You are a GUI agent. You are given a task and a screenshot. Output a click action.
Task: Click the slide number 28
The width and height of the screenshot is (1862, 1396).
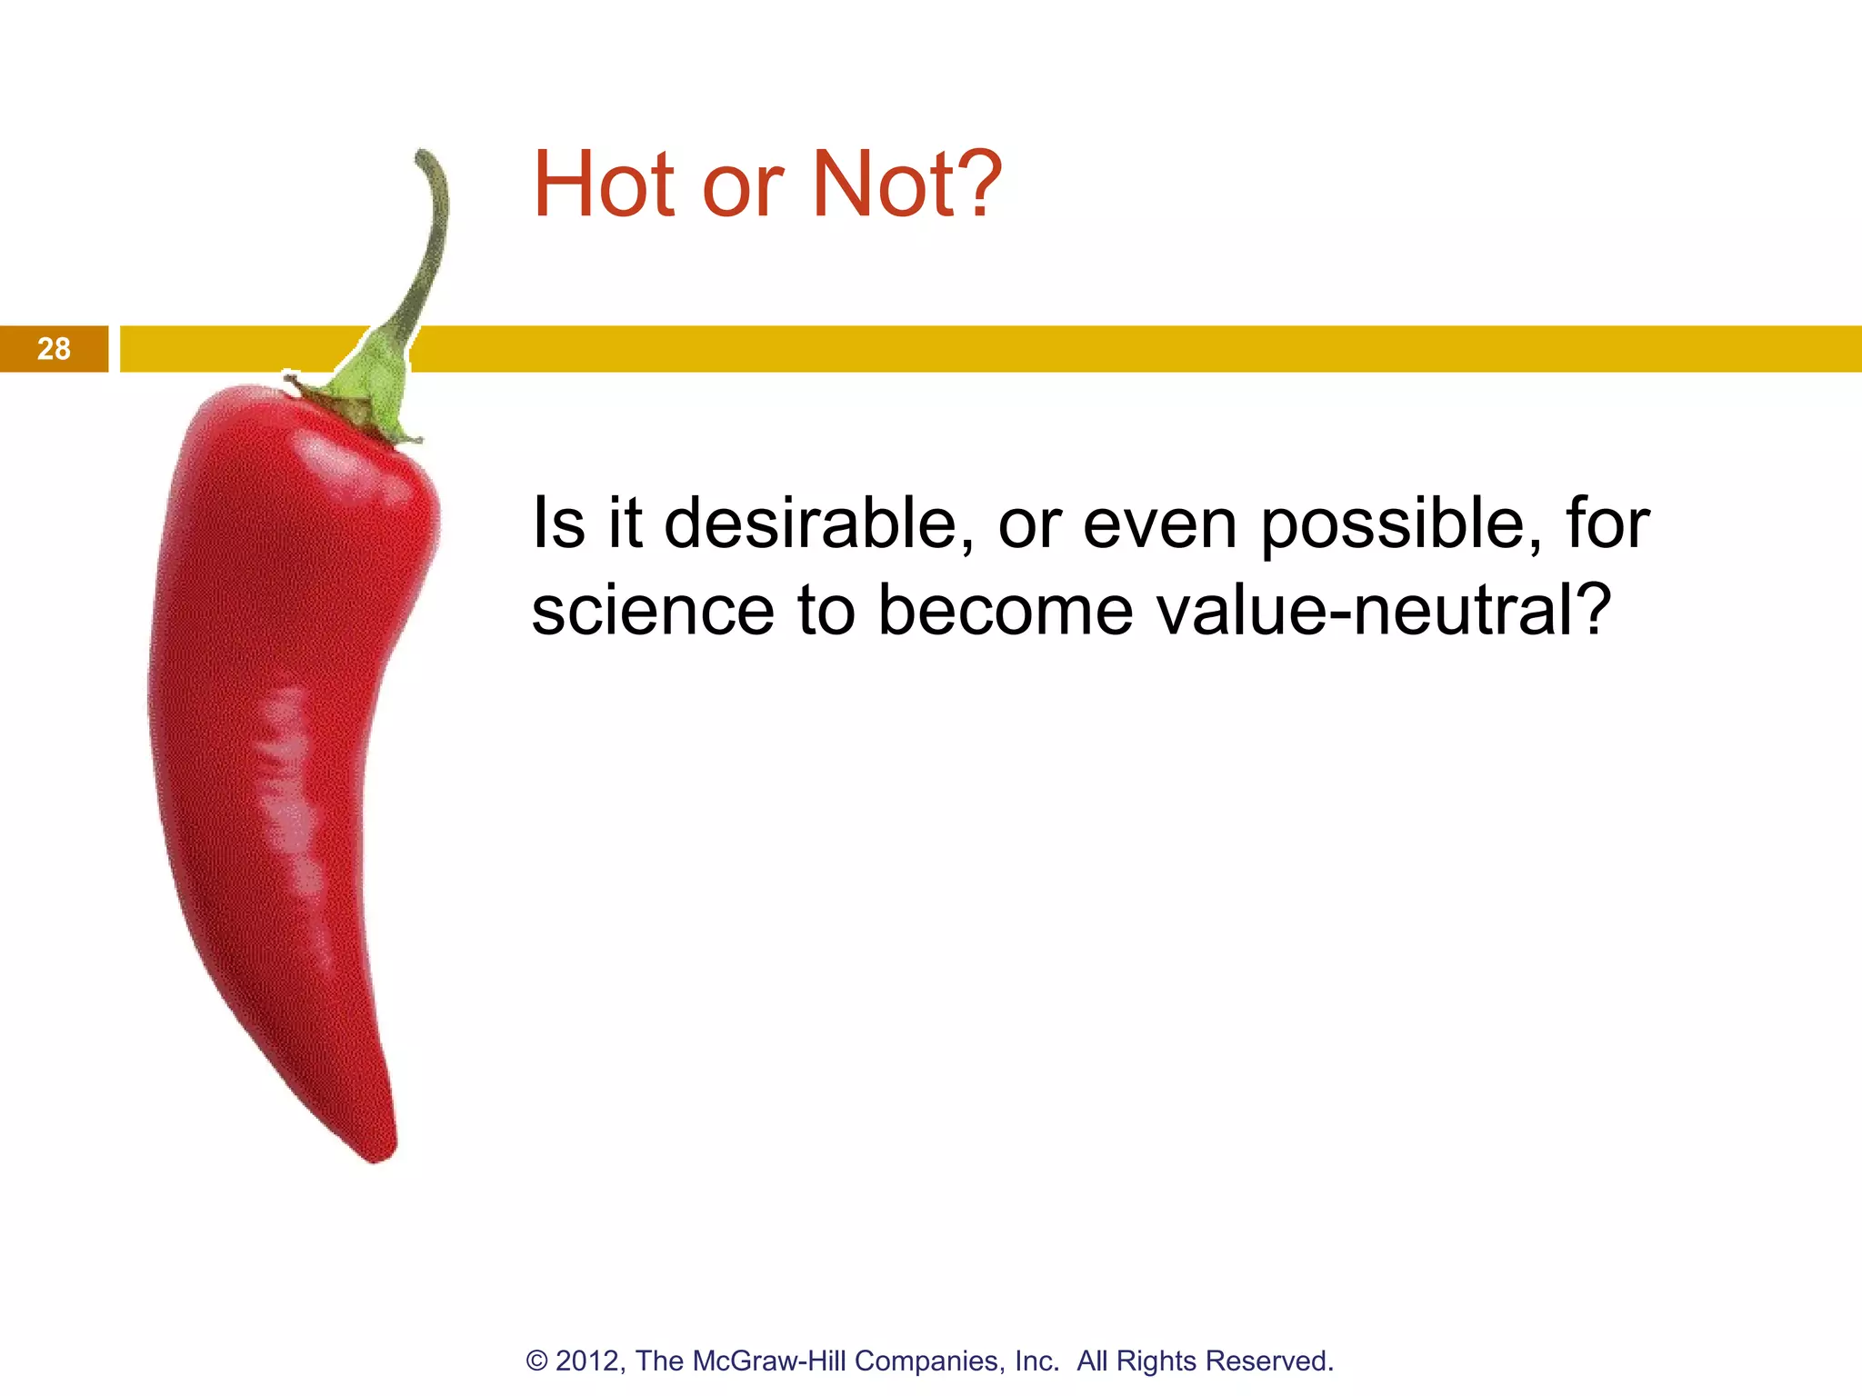[x=54, y=349]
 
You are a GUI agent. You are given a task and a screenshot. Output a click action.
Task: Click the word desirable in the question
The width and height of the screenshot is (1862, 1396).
[x=812, y=524]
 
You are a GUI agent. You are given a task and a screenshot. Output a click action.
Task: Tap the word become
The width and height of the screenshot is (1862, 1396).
[x=1006, y=611]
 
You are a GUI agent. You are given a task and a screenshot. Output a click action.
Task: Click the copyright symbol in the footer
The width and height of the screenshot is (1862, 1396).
[x=537, y=1361]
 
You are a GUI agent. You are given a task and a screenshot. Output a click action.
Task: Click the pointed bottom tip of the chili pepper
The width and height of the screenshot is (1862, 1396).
[x=380, y=1156]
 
